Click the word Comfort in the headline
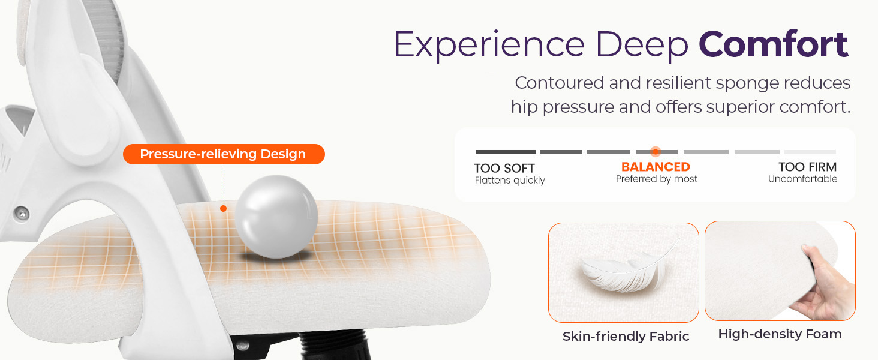[774, 44]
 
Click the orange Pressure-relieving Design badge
[223, 154]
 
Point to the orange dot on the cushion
[223, 208]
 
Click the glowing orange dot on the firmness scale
[656, 152]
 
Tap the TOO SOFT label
[504, 168]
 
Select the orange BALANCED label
[656, 167]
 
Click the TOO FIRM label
[807, 167]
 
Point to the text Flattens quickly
[510, 181]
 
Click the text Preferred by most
[657, 179]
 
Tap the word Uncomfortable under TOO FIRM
[802, 179]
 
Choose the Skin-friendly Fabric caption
[626, 337]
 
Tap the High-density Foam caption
[780, 334]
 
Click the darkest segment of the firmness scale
[505, 152]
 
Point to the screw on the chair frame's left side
[22, 212]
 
